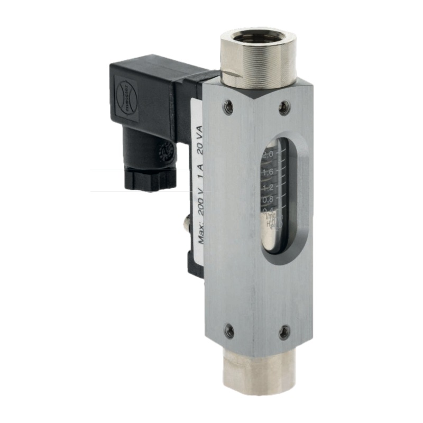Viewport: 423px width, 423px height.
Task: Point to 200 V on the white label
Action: pyautogui.click(x=200, y=201)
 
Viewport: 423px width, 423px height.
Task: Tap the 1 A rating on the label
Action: pyautogui.click(x=200, y=175)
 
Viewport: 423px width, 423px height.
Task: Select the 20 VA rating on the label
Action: pyautogui.click(x=200, y=146)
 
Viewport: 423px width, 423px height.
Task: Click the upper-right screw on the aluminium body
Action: pyautogui.click(x=284, y=108)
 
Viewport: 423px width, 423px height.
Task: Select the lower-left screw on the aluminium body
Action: pyautogui.click(x=229, y=332)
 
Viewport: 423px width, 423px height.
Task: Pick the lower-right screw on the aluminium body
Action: pyautogui.click(x=284, y=333)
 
